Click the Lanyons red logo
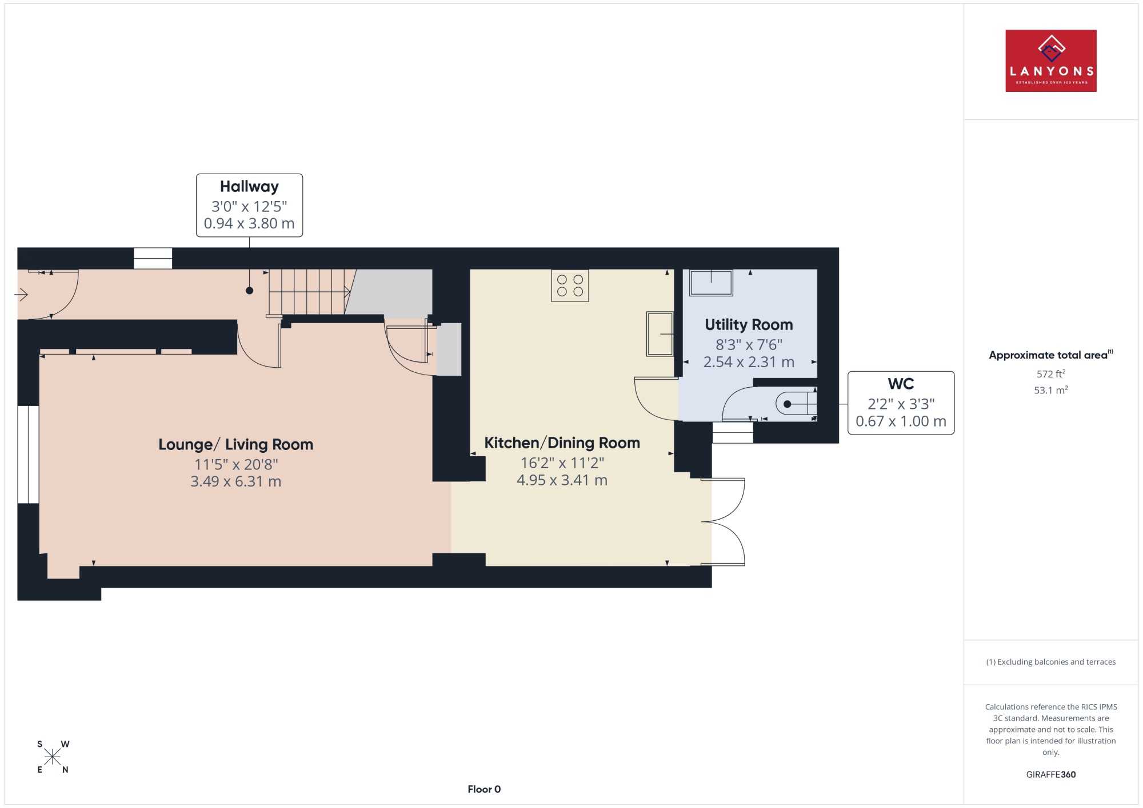tap(1050, 61)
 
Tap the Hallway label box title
tap(249, 187)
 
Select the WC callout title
tap(901, 384)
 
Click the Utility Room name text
tap(749, 325)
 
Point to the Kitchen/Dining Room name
tap(562, 443)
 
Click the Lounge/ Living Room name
tap(235, 445)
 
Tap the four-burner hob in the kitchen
tap(570, 286)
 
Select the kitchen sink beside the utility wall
tap(660, 334)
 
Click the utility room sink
tap(711, 283)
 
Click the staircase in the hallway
tap(309, 292)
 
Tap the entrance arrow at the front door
tap(21, 295)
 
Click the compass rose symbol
tap(53, 757)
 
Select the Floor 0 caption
tap(484, 789)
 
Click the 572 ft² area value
tap(1051, 374)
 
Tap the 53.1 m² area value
tap(1051, 391)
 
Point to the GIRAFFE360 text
tap(1051, 775)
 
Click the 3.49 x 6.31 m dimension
tap(235, 481)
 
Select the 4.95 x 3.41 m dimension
tap(562, 480)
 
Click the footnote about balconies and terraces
tap(1051, 662)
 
